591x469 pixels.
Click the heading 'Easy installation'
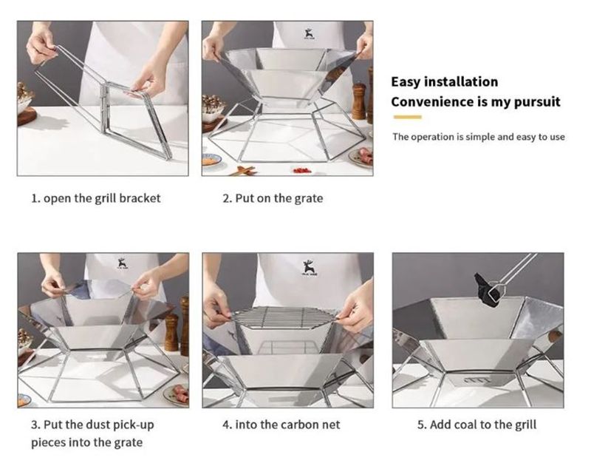[445, 82]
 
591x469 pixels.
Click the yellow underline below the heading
[408, 117]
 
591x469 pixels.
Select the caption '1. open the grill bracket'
[96, 198]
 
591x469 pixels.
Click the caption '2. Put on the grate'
[273, 198]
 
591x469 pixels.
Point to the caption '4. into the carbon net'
[281, 425]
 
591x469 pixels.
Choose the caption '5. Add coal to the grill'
[476, 425]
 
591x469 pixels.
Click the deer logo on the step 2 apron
[309, 34]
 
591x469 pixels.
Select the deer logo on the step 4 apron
[309, 268]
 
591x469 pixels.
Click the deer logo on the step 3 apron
[123, 263]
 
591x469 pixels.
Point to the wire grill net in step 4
[283, 315]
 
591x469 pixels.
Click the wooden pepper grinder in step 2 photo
[358, 101]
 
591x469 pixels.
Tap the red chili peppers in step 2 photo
[302, 171]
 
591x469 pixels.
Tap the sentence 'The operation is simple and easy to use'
[478, 137]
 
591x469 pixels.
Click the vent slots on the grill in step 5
[477, 380]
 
